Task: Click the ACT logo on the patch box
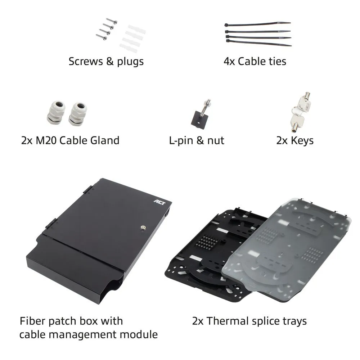pyautogui.click(x=159, y=202)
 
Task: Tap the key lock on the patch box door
pyautogui.click(x=143, y=228)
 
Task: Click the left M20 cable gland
pyautogui.click(x=56, y=112)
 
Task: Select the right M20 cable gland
pyautogui.click(x=78, y=114)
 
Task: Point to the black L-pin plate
pyautogui.click(x=199, y=120)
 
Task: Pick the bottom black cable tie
pyautogui.click(x=259, y=43)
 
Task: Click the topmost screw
pyautogui.click(x=112, y=21)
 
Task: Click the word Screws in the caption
pyautogui.click(x=86, y=62)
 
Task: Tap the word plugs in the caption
pyautogui.click(x=130, y=62)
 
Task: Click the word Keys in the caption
pyautogui.click(x=302, y=141)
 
